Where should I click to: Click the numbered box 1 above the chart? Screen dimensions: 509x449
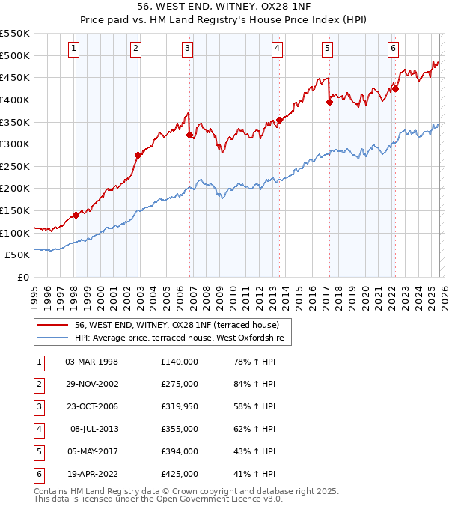click(75, 49)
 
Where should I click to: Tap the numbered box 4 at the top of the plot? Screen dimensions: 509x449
click(277, 49)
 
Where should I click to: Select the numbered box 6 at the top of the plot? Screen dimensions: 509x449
click(393, 49)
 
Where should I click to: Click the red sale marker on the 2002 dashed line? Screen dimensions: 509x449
click(138, 156)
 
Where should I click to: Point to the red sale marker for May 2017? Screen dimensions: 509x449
click(329, 103)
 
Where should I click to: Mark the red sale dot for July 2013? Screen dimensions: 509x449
click(279, 120)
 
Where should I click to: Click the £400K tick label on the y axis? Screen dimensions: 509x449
click(15, 100)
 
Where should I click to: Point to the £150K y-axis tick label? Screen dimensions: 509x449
click(15, 210)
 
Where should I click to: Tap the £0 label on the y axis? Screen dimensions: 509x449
click(23, 277)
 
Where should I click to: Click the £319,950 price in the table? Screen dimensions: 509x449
click(180, 406)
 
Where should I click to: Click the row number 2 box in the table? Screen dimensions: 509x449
click(37, 384)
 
